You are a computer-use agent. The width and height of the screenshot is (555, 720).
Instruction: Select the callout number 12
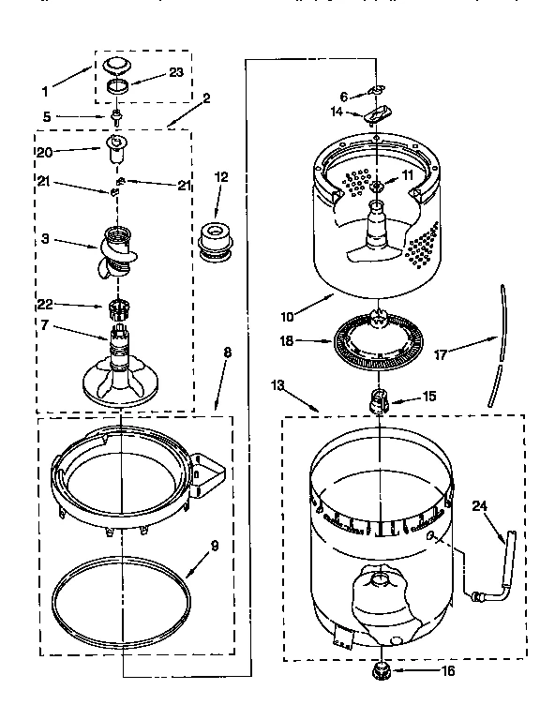pos(221,175)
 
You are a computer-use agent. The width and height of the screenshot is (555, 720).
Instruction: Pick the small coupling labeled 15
pos(380,402)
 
